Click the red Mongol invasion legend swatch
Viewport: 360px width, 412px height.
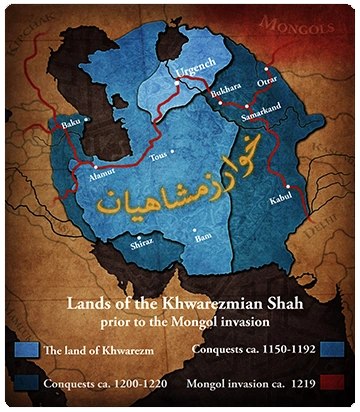click(x=330, y=382)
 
